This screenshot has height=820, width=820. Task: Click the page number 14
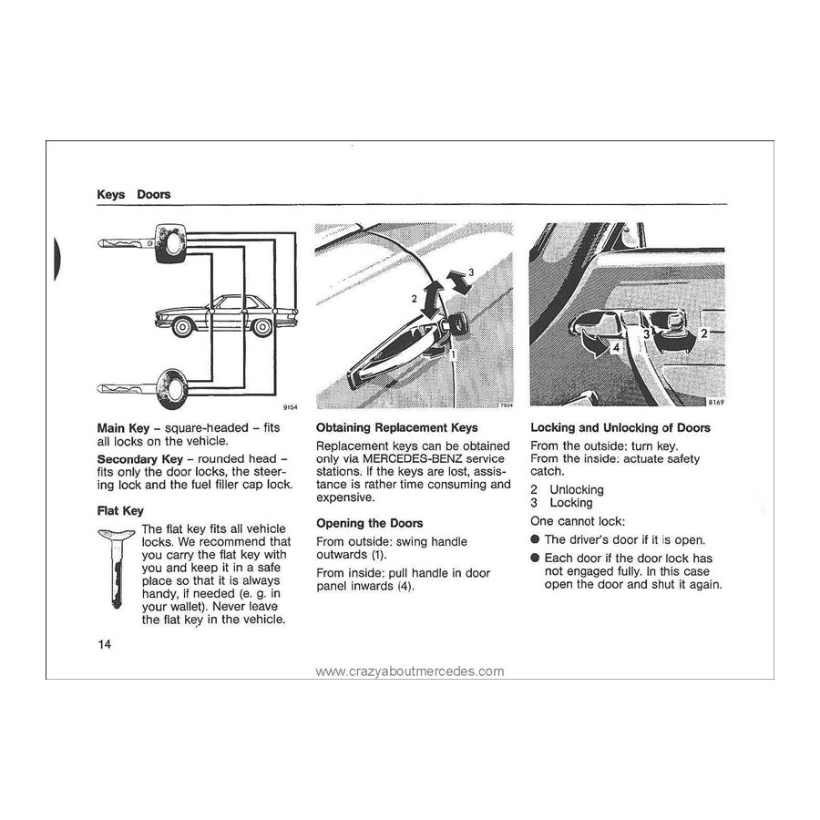click(104, 645)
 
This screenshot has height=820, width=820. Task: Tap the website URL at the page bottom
click(409, 671)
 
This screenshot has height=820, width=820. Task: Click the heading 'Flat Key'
click(120, 511)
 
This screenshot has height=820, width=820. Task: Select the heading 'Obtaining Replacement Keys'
click(396, 427)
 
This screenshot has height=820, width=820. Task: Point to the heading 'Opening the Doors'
click(369, 523)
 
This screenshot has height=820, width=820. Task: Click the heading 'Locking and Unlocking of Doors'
click(620, 427)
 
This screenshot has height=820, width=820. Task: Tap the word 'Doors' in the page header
click(153, 194)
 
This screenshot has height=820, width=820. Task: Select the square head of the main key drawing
click(170, 244)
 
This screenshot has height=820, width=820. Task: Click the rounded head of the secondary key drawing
click(171, 386)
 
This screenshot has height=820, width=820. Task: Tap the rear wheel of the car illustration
click(262, 326)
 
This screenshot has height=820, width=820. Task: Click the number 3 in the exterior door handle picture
click(470, 272)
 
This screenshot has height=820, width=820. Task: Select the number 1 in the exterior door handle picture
click(453, 355)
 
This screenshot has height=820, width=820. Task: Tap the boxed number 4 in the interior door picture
click(616, 347)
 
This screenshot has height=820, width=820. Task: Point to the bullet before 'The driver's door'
click(535, 540)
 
